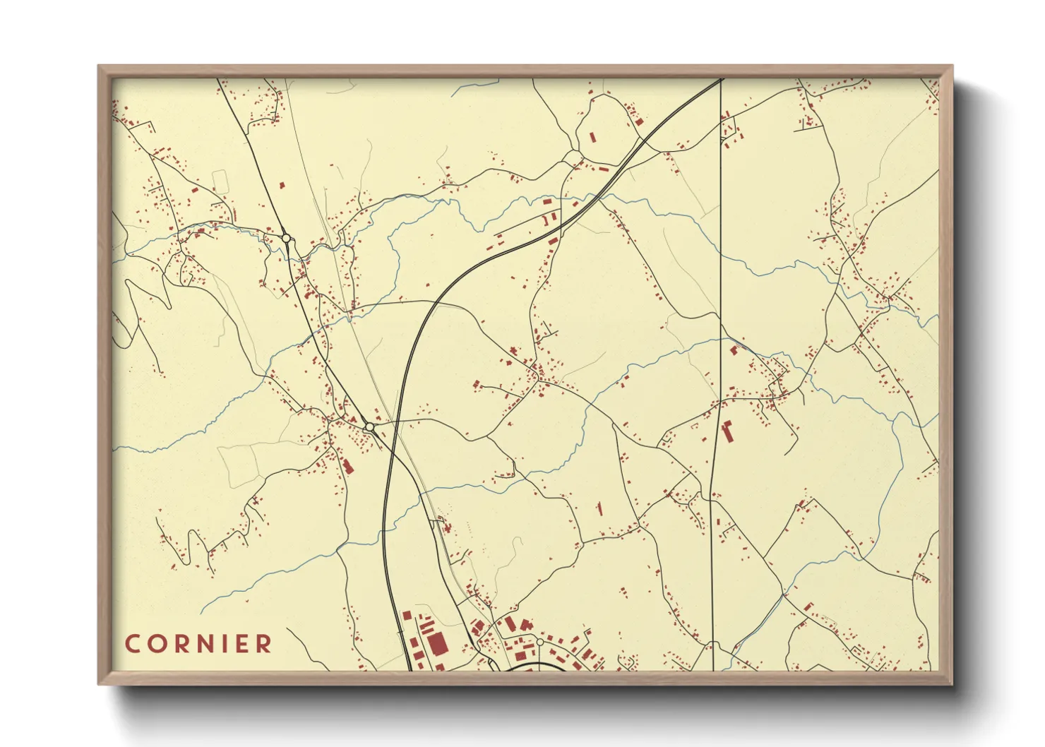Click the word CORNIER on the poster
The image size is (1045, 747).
point(198,644)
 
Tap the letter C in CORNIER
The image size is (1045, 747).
point(132,644)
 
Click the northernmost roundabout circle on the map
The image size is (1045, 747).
point(286,239)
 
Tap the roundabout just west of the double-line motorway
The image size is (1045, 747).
point(369,427)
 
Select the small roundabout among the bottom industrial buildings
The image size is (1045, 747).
point(539,642)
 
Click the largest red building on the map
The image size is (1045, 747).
point(437,643)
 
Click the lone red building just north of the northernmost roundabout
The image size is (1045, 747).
point(282,186)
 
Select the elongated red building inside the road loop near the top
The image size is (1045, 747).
point(592,136)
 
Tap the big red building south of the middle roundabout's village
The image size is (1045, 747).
point(347,467)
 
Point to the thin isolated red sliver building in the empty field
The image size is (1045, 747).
point(599,508)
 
